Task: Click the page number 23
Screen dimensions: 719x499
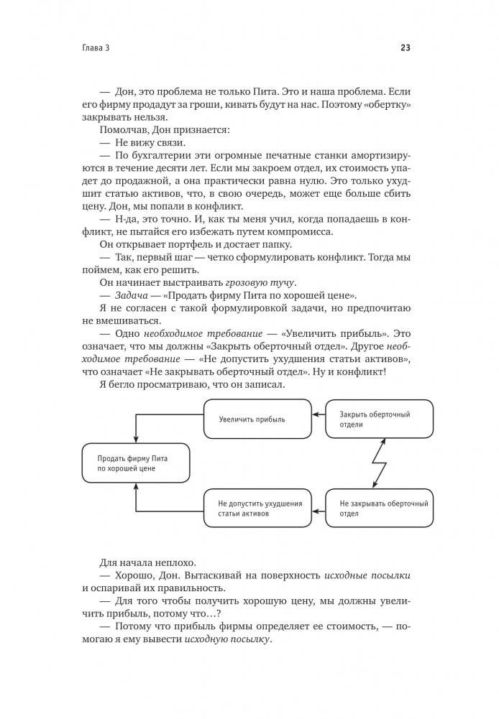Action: [x=405, y=49]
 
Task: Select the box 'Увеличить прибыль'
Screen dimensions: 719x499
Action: [x=257, y=419]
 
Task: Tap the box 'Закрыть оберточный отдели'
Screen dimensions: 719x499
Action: [x=380, y=419]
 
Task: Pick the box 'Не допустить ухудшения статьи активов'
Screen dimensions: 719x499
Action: [x=257, y=509]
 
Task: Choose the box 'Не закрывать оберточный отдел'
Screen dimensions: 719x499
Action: [x=380, y=509]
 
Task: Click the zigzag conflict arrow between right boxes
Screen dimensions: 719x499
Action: [x=377, y=463]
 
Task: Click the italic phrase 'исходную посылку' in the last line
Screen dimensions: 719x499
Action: [x=229, y=640]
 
